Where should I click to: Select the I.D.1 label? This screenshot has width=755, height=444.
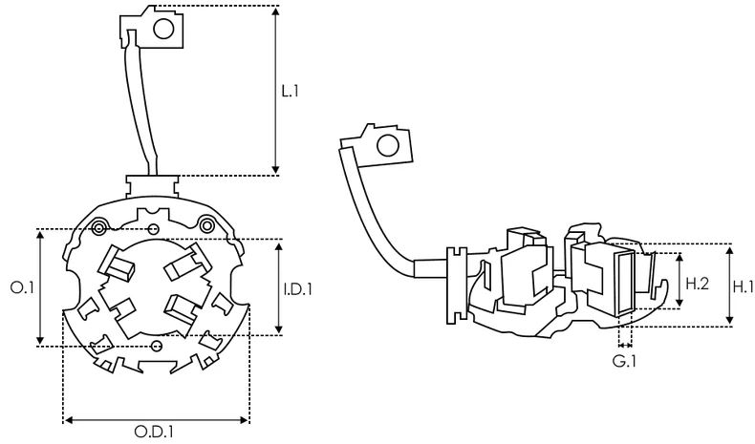tap(298, 287)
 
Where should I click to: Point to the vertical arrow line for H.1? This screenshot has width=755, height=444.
tap(728, 285)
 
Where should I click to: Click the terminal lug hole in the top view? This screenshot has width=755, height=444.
tap(162, 29)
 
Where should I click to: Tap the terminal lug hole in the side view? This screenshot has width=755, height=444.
tap(390, 146)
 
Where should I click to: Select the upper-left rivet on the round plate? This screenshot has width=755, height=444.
tap(98, 225)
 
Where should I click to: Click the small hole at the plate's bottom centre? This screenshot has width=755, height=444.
tap(156, 344)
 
